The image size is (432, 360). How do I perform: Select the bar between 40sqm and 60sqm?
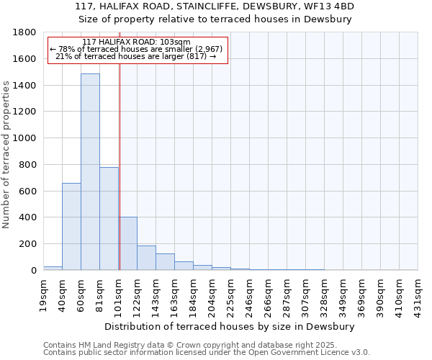[71, 226]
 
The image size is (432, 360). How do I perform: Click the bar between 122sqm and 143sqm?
[146, 258]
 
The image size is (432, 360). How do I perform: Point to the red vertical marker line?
[120, 166]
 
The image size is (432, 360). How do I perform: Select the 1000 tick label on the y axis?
[25, 138]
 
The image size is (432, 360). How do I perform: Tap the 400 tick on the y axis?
[28, 217]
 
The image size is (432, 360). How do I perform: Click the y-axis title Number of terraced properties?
[7, 155]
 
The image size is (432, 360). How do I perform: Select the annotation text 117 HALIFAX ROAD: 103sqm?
[137, 42]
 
